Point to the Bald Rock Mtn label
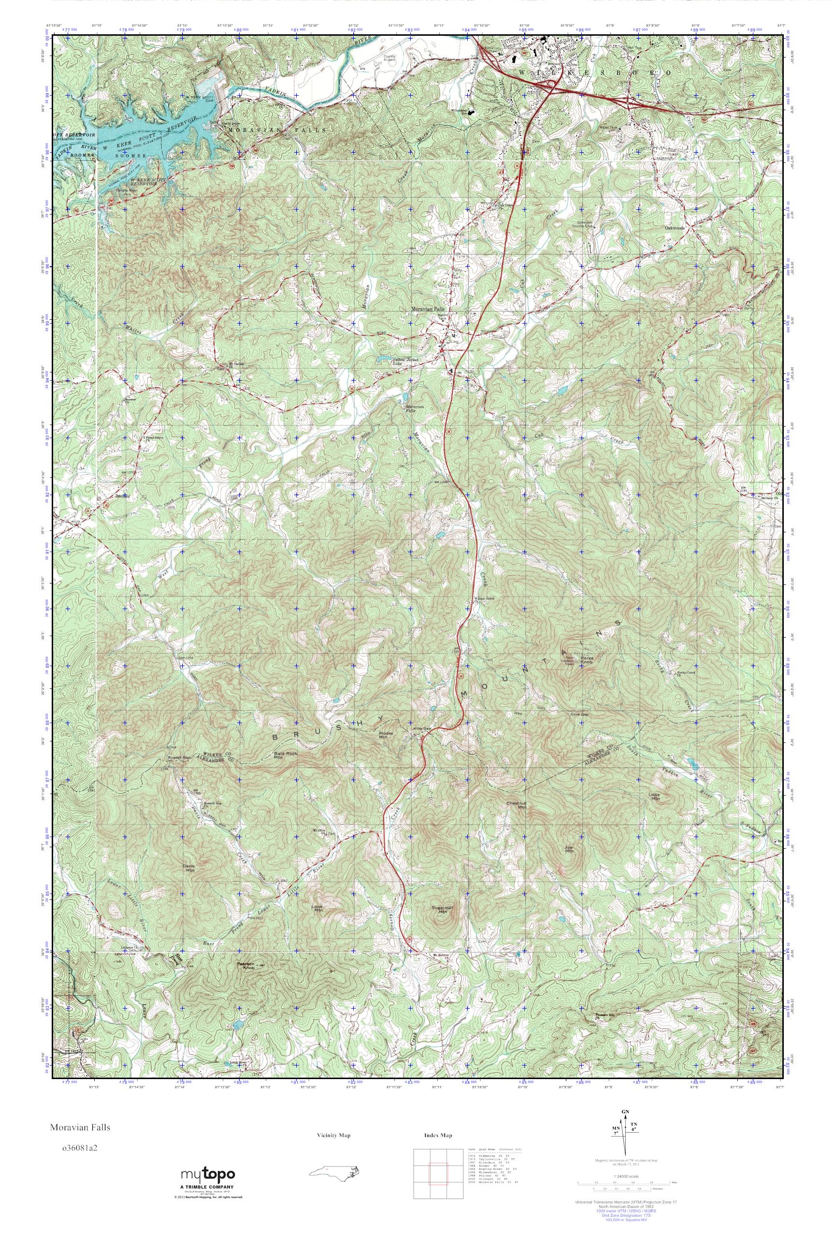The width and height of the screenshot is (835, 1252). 285,755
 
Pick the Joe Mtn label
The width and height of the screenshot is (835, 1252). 569,849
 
